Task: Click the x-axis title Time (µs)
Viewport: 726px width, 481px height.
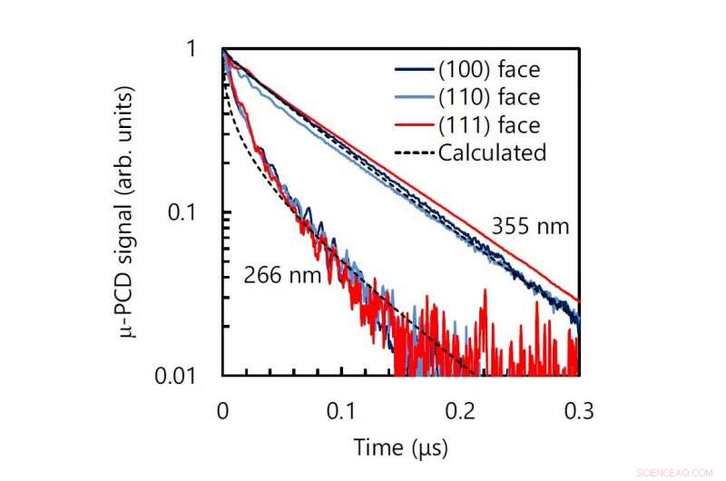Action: tap(400, 447)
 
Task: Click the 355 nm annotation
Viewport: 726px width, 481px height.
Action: tap(531, 226)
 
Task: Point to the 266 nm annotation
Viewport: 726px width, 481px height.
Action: tap(282, 274)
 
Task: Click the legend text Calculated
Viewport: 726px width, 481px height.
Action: tap(492, 152)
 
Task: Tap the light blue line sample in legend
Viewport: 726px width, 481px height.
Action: tap(413, 95)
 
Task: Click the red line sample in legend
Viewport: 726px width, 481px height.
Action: tap(413, 124)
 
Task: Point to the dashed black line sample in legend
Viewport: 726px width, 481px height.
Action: tap(413, 152)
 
